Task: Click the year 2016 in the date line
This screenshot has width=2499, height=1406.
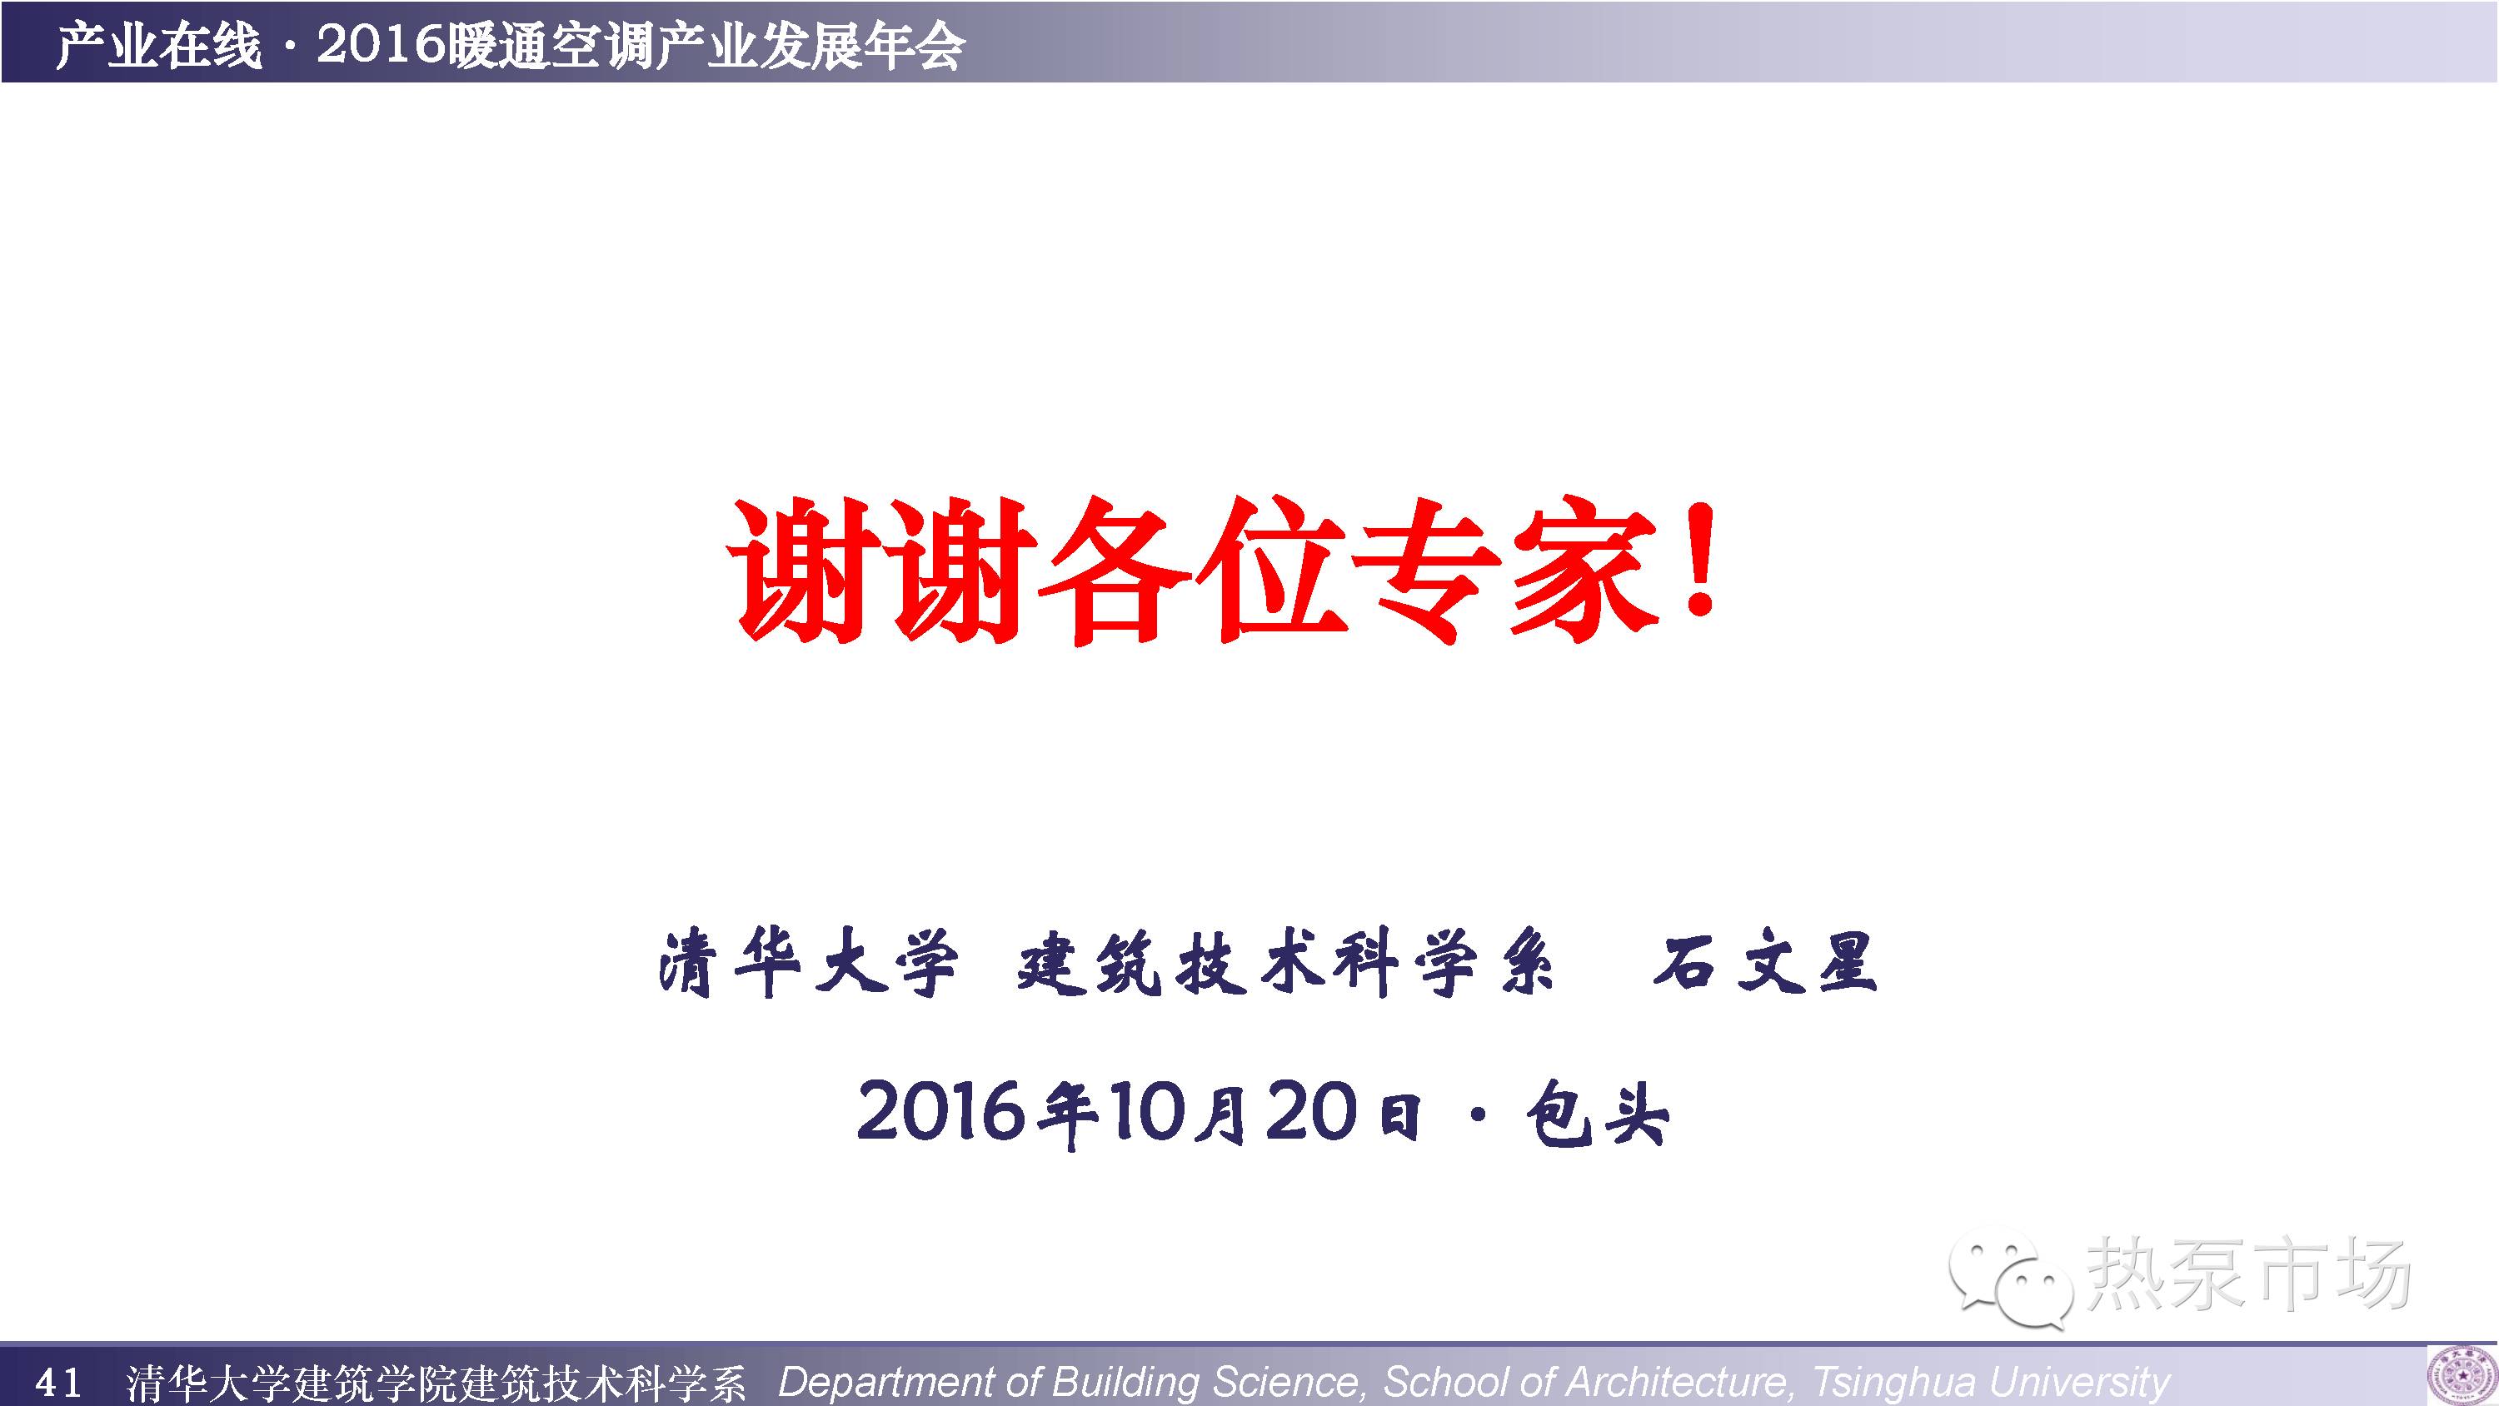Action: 941,1111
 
